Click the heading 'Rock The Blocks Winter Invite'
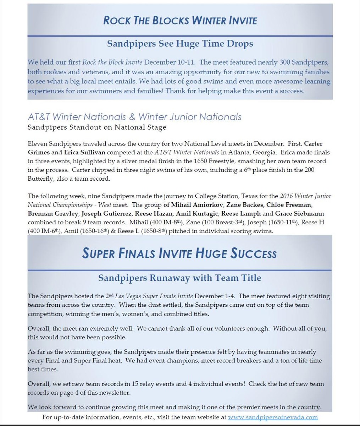pos(180,20)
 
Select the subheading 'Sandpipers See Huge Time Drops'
pos(180,44)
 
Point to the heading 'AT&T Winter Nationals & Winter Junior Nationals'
pos(134,117)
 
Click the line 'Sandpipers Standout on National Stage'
pos(97,127)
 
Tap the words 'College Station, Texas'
pos(237,196)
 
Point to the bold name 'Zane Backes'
pos(245,205)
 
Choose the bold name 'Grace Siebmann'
pos(299,214)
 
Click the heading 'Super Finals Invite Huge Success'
pos(179,253)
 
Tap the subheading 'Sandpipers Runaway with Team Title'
pos(179,278)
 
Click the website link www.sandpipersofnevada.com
pos(273,417)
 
